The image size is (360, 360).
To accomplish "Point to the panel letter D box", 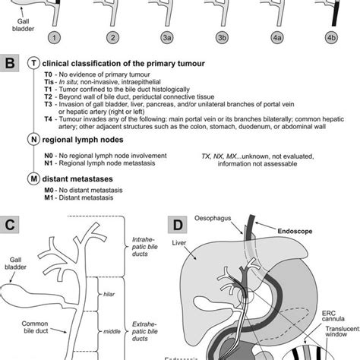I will [x=176, y=226].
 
